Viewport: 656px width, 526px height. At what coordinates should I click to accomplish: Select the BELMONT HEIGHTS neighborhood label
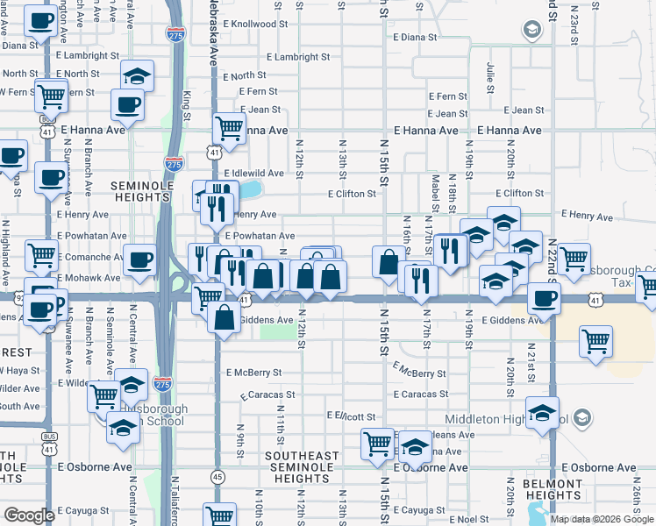tap(553, 489)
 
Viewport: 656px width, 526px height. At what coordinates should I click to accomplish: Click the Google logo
tap(29, 515)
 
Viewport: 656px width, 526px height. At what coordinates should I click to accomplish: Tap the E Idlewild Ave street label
tap(254, 174)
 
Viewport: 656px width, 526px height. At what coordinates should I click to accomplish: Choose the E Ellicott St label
tap(351, 416)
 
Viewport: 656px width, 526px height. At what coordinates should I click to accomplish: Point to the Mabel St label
tap(434, 192)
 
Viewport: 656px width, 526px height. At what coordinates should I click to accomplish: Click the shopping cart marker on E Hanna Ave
tap(229, 127)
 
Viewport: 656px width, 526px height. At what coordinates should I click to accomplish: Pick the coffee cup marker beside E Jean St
tap(127, 105)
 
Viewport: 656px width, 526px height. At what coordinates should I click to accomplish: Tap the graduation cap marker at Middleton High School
tap(543, 411)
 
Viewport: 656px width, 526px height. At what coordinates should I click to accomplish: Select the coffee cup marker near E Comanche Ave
tap(140, 259)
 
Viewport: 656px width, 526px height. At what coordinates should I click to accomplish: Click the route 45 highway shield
tap(217, 476)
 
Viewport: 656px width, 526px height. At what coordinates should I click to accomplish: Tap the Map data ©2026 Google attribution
tap(601, 519)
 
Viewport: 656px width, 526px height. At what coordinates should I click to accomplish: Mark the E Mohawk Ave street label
tap(89, 277)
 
